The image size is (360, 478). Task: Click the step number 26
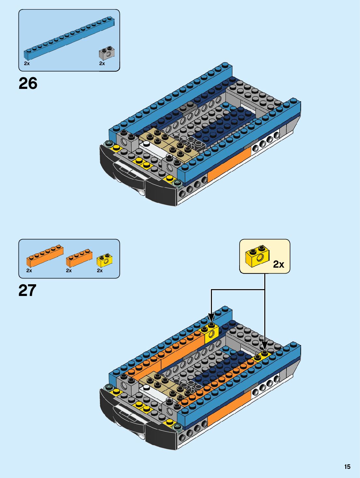[28, 84]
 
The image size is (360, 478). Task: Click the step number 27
[27, 290]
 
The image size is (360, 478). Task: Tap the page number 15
[347, 467]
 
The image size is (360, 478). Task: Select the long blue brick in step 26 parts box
[69, 38]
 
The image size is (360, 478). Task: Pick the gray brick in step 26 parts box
[106, 54]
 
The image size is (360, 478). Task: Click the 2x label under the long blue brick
[27, 63]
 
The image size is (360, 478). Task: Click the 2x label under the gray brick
[102, 63]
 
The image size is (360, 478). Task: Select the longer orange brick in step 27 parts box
[45, 256]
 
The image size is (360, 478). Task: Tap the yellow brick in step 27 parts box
[104, 260]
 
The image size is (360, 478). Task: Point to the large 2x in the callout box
[278, 264]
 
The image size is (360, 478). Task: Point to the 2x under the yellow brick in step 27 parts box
[100, 271]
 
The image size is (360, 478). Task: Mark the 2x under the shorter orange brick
[69, 271]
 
